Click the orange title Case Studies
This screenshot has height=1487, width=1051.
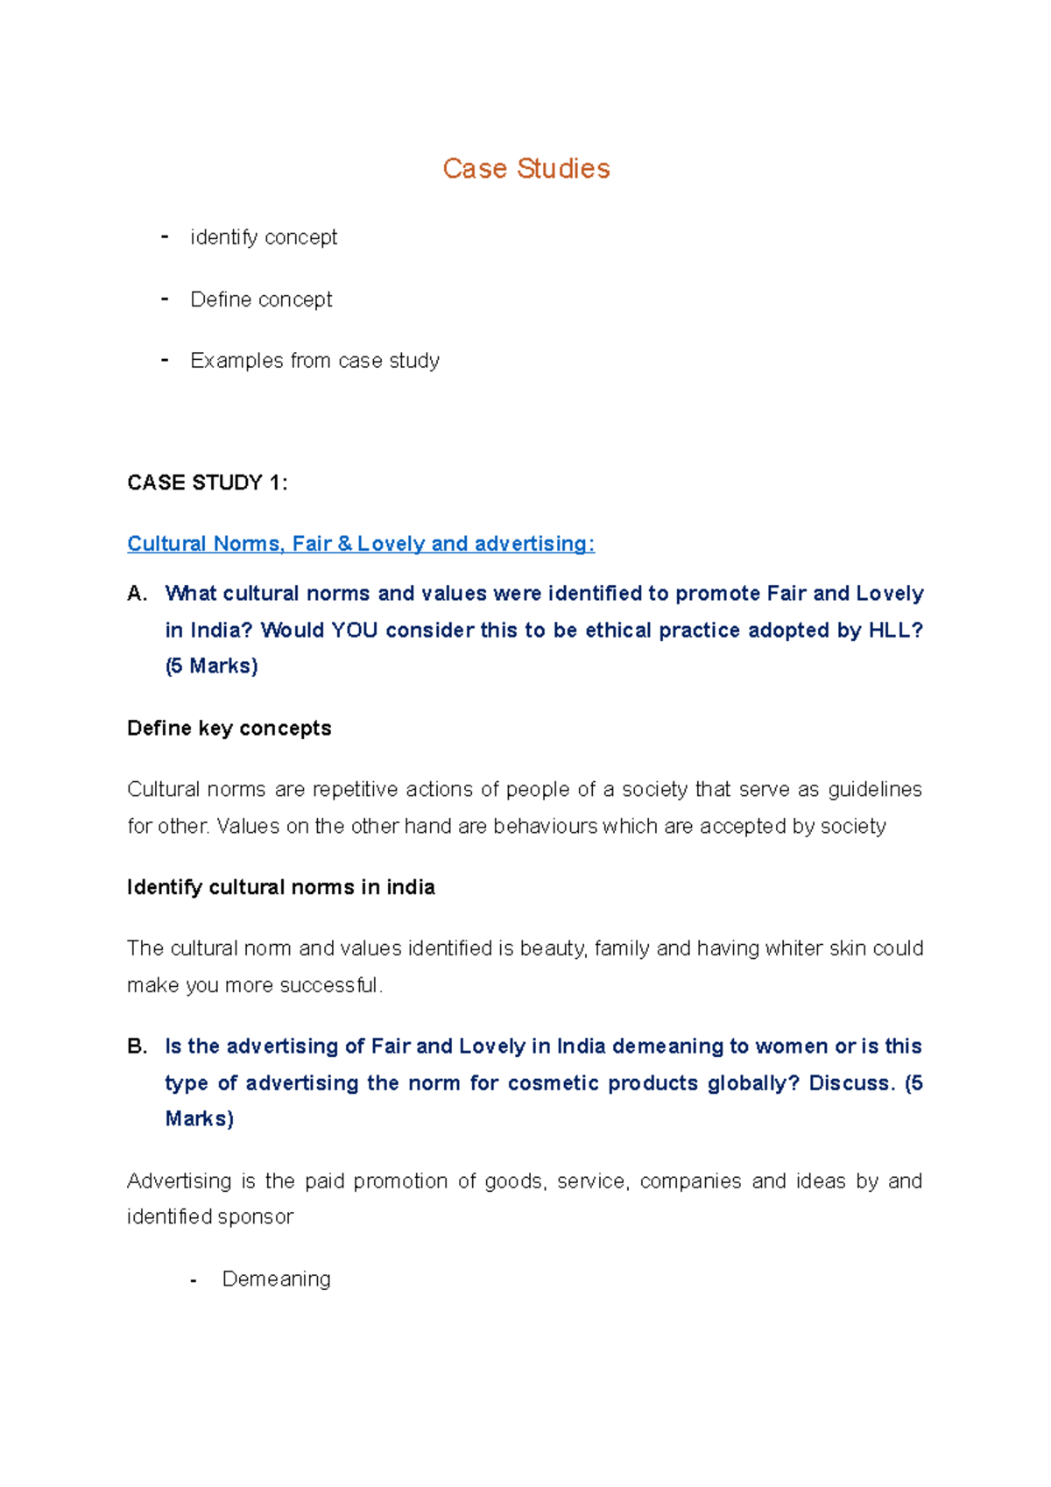525,168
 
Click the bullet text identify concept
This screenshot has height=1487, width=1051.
263,237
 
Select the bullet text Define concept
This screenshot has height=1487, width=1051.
261,300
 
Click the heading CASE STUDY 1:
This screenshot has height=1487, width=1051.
207,483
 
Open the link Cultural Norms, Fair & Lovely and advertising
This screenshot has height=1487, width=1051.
360,544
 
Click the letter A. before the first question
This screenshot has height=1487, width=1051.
137,594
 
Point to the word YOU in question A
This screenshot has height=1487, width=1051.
354,631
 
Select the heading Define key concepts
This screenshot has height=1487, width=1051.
229,729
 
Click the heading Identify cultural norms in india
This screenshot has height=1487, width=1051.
280,888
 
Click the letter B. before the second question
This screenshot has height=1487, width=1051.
137,1047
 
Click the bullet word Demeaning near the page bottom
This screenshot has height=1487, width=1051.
276,1279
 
